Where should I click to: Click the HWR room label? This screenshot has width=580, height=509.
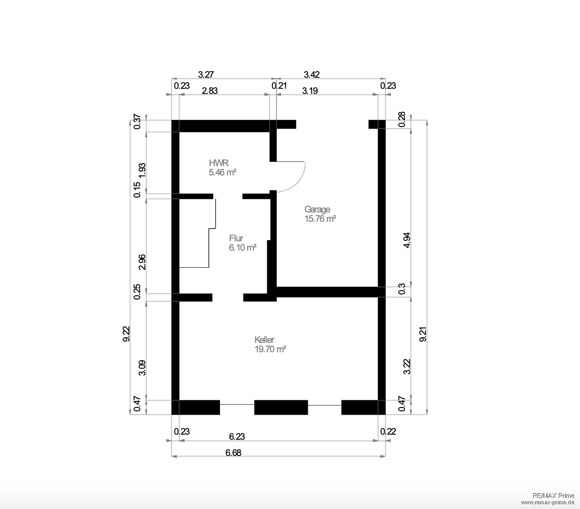[219, 163]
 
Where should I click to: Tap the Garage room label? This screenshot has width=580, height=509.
[317, 209]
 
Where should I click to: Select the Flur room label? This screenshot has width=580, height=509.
[236, 238]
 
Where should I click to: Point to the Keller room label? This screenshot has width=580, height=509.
[265, 340]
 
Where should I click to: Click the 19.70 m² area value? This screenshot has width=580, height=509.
[270, 349]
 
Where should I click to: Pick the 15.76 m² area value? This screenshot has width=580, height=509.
[320, 219]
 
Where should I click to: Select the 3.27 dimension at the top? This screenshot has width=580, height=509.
[206, 74]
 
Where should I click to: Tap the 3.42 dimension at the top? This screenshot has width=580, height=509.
[312, 74]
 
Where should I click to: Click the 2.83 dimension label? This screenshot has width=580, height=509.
[210, 90]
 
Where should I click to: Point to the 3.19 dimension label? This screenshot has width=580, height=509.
[310, 90]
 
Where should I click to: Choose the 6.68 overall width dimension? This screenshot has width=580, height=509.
[233, 453]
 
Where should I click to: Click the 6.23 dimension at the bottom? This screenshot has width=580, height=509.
[237, 437]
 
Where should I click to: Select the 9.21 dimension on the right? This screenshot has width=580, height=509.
[423, 334]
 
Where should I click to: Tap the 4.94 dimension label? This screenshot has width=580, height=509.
[407, 240]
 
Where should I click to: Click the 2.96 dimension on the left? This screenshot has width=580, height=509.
[142, 262]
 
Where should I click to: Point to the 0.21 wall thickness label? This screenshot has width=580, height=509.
[279, 85]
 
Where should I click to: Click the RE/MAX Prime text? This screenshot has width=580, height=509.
[553, 495]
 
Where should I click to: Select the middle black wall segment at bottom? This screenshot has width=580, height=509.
[281, 407]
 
